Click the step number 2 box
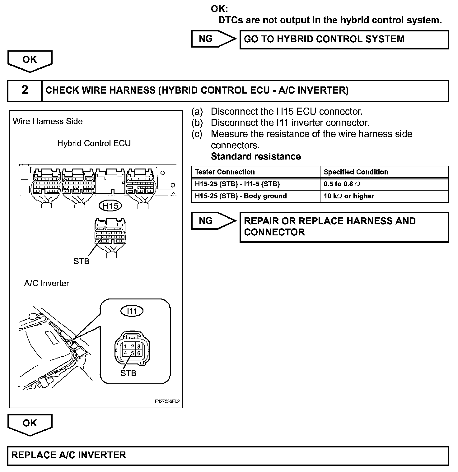click(25, 90)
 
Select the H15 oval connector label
click(110, 206)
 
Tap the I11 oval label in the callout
click(132, 311)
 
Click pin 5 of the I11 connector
click(132, 353)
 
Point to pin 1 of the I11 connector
click(125, 346)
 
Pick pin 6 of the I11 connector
click(139, 353)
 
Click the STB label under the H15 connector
click(81, 261)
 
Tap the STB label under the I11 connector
click(128, 373)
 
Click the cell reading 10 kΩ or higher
click(349, 196)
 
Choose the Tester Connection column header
click(225, 172)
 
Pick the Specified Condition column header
click(356, 172)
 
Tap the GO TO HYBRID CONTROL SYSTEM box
click(344, 39)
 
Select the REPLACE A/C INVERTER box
click(227, 456)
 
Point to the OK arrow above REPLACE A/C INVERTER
click(30, 424)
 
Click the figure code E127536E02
click(167, 401)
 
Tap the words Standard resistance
click(256, 156)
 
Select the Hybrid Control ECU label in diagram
click(94, 143)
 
